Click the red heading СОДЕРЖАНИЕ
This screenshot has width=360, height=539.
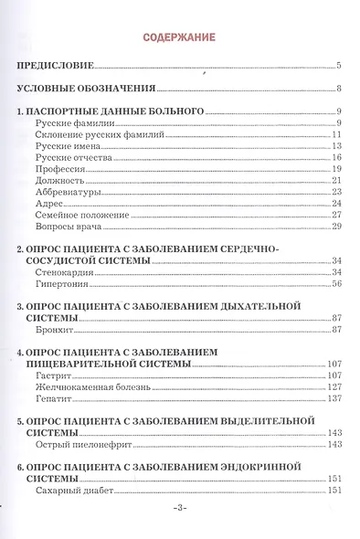coord(180,37)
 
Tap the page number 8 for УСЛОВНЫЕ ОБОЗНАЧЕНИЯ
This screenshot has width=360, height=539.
coord(338,89)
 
